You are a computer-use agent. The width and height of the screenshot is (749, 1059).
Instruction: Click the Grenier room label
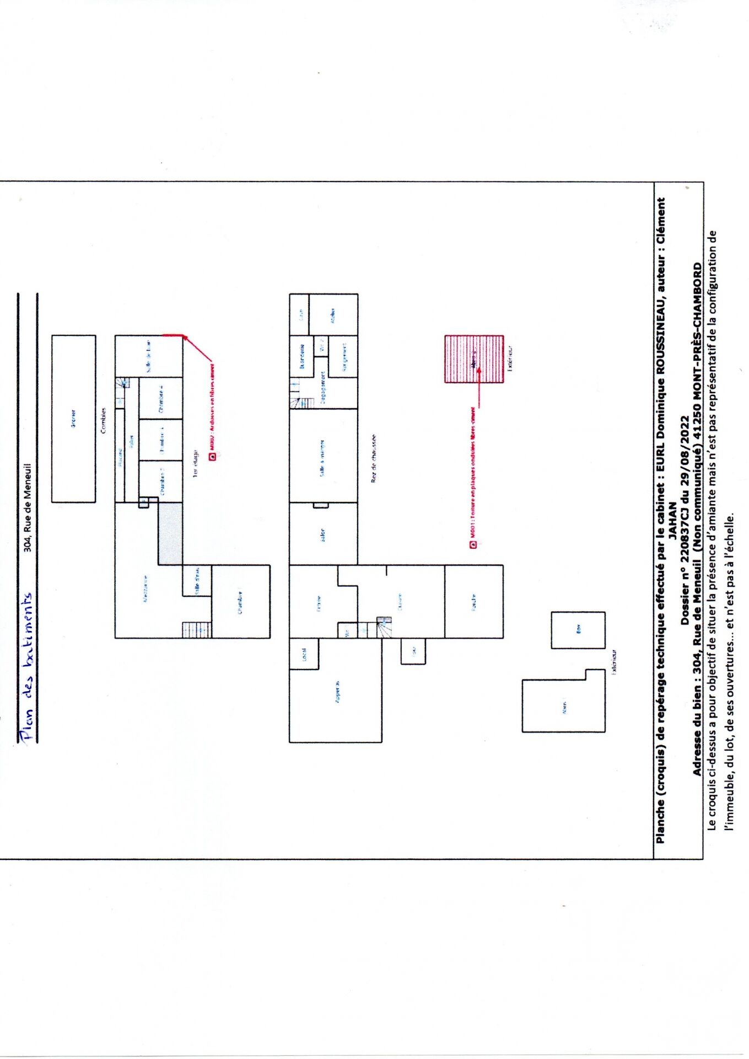coord(73,418)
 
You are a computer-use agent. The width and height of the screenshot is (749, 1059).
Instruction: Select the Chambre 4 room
coord(161,398)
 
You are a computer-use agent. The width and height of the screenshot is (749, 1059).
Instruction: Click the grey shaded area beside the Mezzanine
coord(170,533)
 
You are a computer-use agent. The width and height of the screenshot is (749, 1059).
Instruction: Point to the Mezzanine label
coord(145,589)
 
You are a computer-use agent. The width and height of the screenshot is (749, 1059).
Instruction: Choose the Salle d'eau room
coord(197,581)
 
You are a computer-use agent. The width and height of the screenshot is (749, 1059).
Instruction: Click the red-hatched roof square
coord(474,359)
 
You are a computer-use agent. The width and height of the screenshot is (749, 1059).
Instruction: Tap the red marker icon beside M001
coord(473,545)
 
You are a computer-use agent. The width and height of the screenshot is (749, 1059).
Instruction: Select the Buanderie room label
coord(301,356)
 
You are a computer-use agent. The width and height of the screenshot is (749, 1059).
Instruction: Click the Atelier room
coord(333,315)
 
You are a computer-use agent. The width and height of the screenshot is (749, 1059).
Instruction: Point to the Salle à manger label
coord(322,457)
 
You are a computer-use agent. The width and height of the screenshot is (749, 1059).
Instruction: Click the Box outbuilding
coord(578,629)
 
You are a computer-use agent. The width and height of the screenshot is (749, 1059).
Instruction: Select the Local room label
coord(304,654)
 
